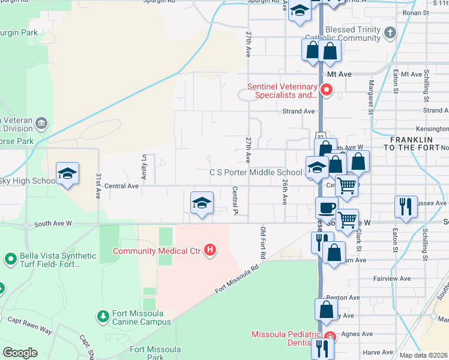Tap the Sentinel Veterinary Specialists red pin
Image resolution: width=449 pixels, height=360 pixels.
(x=327, y=91)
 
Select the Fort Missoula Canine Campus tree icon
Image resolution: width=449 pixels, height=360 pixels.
(x=103, y=316)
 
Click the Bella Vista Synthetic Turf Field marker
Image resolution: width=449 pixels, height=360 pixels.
(x=10, y=259)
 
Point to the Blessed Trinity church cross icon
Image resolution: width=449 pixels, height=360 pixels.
(x=390, y=32)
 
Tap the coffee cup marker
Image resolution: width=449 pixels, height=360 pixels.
(x=327, y=208)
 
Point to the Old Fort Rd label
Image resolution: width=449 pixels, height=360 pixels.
(x=263, y=243)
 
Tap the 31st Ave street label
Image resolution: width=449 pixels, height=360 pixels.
(x=98, y=186)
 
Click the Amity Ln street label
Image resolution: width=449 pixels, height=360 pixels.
(x=144, y=166)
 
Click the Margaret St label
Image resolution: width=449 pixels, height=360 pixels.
(x=371, y=97)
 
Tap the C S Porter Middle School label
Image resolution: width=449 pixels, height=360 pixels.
(x=255, y=172)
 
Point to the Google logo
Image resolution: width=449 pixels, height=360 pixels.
(x=20, y=353)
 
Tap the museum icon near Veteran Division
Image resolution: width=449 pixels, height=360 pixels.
(x=41, y=124)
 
